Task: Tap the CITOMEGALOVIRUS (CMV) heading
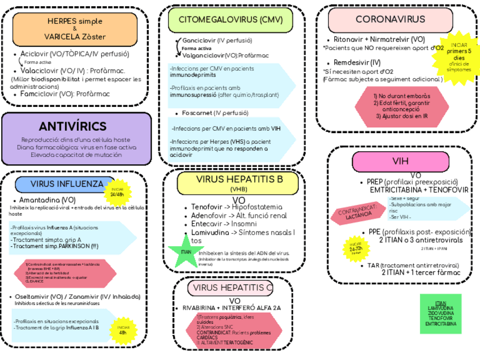(x=230, y=20)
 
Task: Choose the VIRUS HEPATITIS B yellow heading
(x=239, y=182)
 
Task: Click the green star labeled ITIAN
(x=185, y=251)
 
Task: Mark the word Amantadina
(x=40, y=200)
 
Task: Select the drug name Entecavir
(x=207, y=224)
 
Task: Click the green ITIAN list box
(x=441, y=314)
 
